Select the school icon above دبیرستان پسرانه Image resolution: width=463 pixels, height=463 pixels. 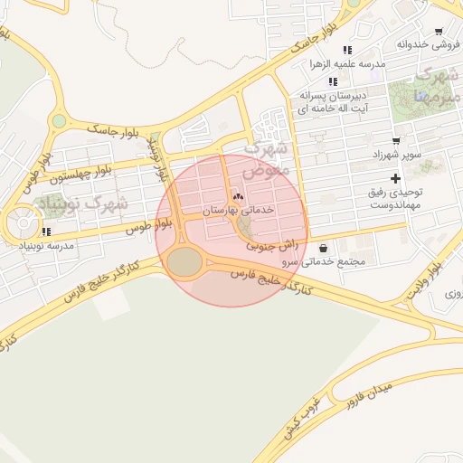coord(334,81)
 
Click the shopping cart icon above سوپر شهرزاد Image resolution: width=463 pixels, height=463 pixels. coord(396,140)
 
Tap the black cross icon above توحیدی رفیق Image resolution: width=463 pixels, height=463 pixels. coord(395,177)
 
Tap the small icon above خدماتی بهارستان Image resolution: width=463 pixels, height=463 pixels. coord(239,196)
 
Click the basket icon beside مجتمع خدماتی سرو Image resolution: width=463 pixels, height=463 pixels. coord(323,249)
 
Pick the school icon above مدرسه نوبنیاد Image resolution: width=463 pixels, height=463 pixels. coord(46,231)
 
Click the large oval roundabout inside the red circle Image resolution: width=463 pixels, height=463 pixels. coord(185,262)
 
